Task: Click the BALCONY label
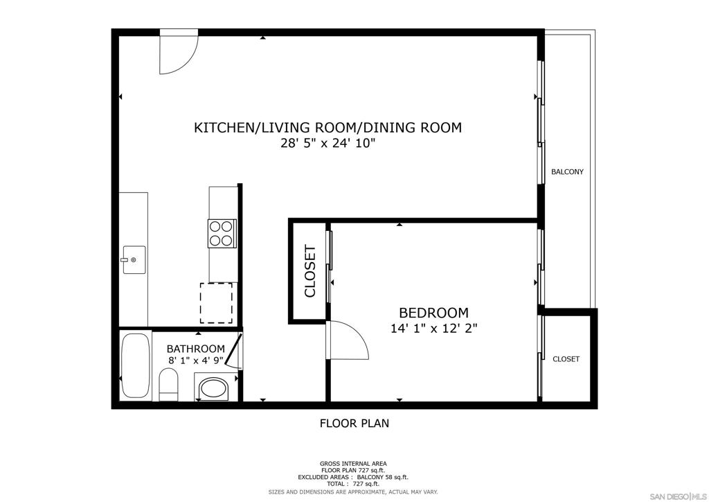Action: tap(567, 171)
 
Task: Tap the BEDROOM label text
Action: tap(433, 313)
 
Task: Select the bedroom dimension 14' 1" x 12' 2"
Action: tap(433, 328)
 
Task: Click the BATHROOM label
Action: tap(195, 349)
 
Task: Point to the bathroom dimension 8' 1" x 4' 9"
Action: tap(196, 361)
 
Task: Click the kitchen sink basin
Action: tap(134, 260)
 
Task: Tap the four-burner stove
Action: tap(222, 233)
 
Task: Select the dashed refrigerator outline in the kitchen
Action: tap(216, 303)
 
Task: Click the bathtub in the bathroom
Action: tap(135, 365)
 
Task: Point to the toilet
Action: tap(169, 385)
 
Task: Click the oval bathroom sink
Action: tap(215, 388)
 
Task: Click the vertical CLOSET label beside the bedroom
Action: tap(310, 271)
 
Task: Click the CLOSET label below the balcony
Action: tap(566, 359)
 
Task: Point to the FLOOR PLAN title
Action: tap(354, 423)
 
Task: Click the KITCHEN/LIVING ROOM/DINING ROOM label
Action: tap(327, 128)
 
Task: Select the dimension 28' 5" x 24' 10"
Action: tap(328, 144)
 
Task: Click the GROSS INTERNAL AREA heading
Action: tap(353, 464)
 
